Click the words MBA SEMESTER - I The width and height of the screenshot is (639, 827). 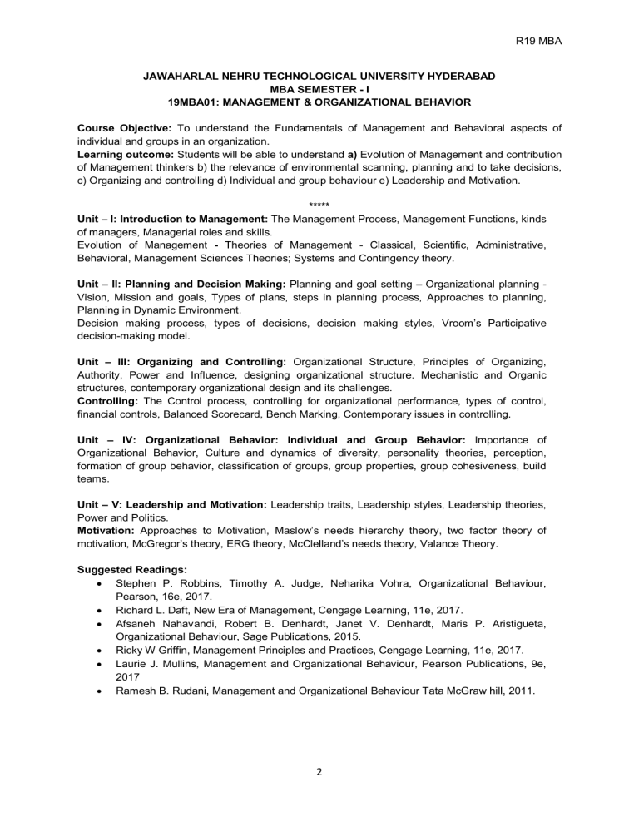[x=319, y=88]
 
